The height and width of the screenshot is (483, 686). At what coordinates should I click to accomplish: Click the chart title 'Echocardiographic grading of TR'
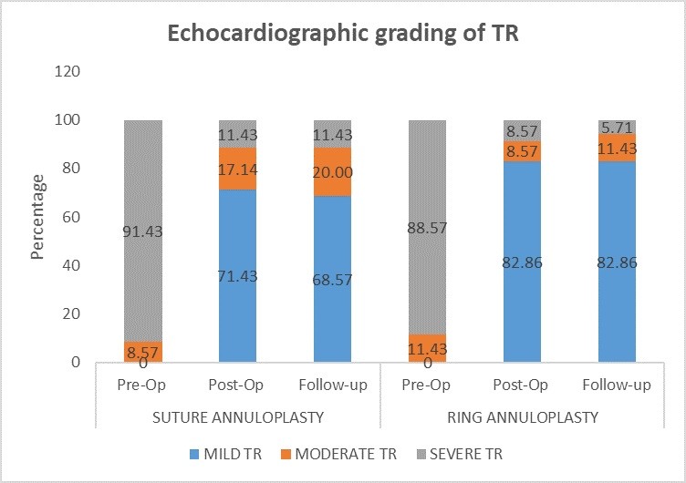[342, 37]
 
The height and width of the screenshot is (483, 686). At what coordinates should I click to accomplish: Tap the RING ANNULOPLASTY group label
[522, 417]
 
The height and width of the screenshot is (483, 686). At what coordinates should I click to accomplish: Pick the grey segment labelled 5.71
[617, 127]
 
